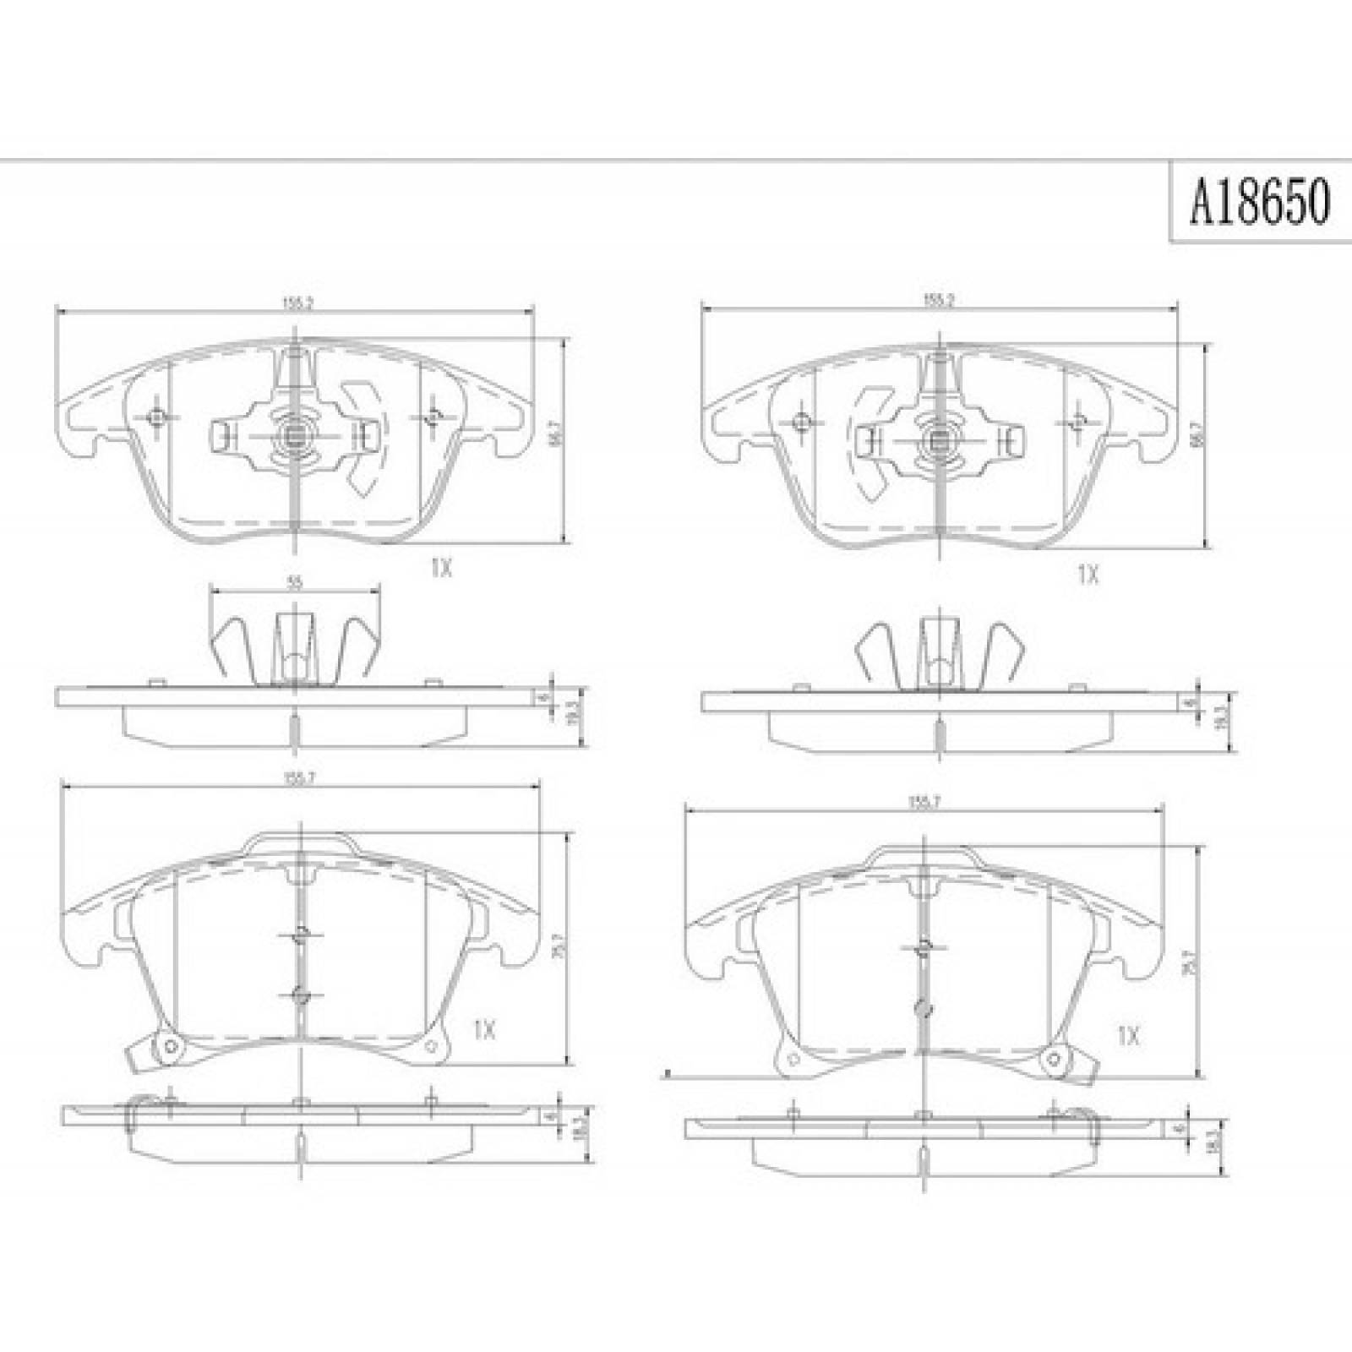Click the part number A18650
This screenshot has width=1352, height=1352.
click(1259, 203)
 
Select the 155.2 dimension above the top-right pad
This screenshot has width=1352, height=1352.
click(938, 299)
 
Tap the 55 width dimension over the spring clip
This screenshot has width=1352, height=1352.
click(293, 582)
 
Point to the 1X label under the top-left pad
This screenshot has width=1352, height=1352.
click(441, 570)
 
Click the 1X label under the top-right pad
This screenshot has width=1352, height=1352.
click(1088, 575)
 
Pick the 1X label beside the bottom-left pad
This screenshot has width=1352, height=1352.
click(484, 1030)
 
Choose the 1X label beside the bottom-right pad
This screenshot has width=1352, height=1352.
click(1129, 1036)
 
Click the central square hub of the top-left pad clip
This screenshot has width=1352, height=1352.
click(293, 437)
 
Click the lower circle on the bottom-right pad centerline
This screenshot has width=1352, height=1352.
click(924, 1006)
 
